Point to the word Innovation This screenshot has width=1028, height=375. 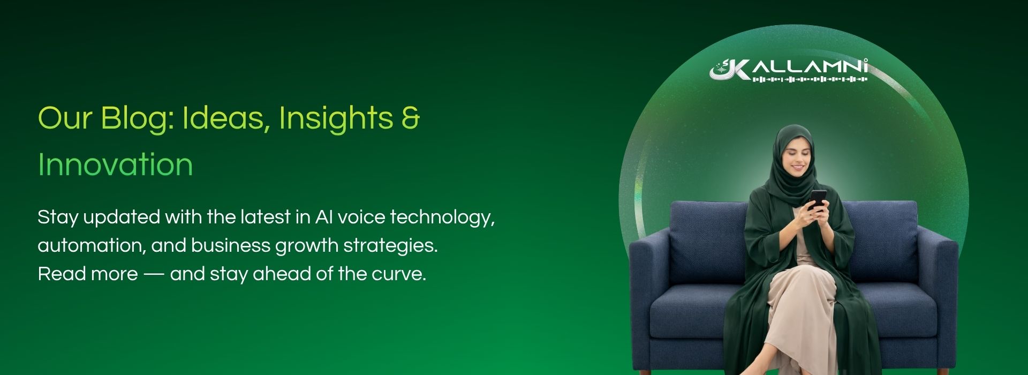pos(115,164)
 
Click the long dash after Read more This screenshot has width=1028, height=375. pos(154,275)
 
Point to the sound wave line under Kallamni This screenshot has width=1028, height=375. pos(810,79)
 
